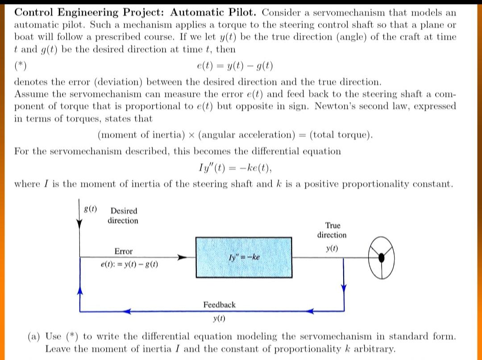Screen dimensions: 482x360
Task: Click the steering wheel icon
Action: click(x=382, y=257)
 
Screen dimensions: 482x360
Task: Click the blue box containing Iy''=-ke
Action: click(x=244, y=257)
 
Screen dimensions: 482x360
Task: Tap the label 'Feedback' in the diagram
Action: click(x=219, y=305)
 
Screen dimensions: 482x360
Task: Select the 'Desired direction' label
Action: click(x=123, y=215)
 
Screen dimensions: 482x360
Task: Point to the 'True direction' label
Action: click(x=332, y=230)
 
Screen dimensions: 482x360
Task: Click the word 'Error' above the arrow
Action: click(x=124, y=251)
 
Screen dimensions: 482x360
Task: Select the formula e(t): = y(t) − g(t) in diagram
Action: click(x=129, y=265)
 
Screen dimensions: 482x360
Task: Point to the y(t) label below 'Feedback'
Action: click(x=219, y=319)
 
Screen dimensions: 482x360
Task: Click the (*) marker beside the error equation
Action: click(x=20, y=67)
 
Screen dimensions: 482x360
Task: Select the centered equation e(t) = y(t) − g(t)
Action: click(x=235, y=67)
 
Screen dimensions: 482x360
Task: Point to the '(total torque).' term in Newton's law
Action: click(x=341, y=135)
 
